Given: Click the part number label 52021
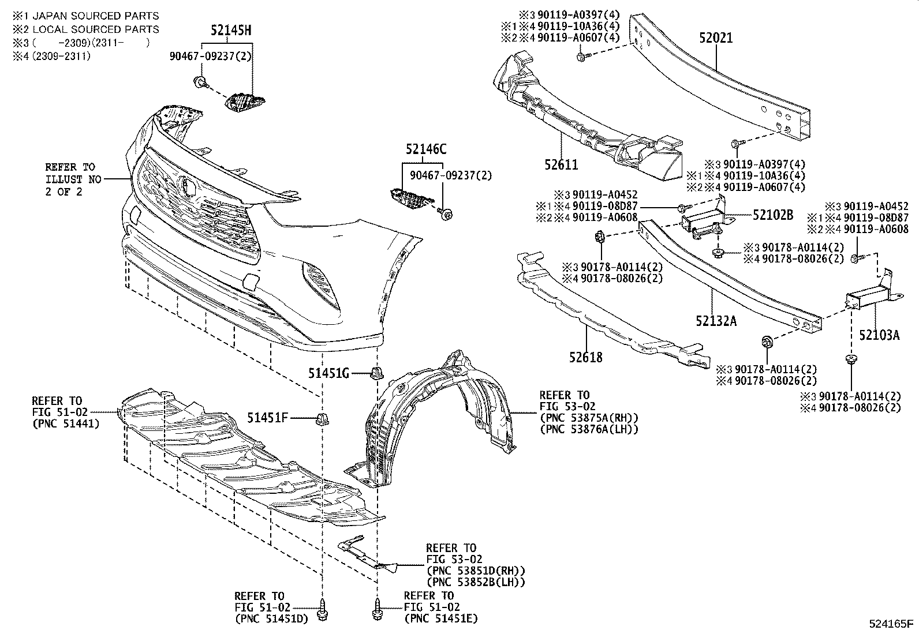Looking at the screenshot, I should pyautogui.click(x=716, y=38).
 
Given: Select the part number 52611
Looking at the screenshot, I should pyautogui.click(x=561, y=165).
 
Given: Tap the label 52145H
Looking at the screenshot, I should pyautogui.click(x=230, y=31).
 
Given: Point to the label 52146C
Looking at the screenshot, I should pyautogui.click(x=426, y=149).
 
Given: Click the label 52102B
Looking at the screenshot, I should pyautogui.click(x=772, y=215).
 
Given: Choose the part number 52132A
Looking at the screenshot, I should pyautogui.click(x=716, y=321).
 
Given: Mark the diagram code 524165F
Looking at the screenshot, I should pyautogui.click(x=891, y=624).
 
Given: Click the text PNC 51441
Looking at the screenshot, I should pyautogui.click(x=66, y=424).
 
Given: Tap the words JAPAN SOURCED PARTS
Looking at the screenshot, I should pyautogui.click(x=96, y=16).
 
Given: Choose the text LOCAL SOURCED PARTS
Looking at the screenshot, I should pyautogui.click(x=96, y=29).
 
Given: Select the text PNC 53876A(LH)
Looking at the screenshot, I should pyautogui.click(x=589, y=429).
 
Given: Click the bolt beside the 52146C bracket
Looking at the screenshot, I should pyautogui.click(x=446, y=214).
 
